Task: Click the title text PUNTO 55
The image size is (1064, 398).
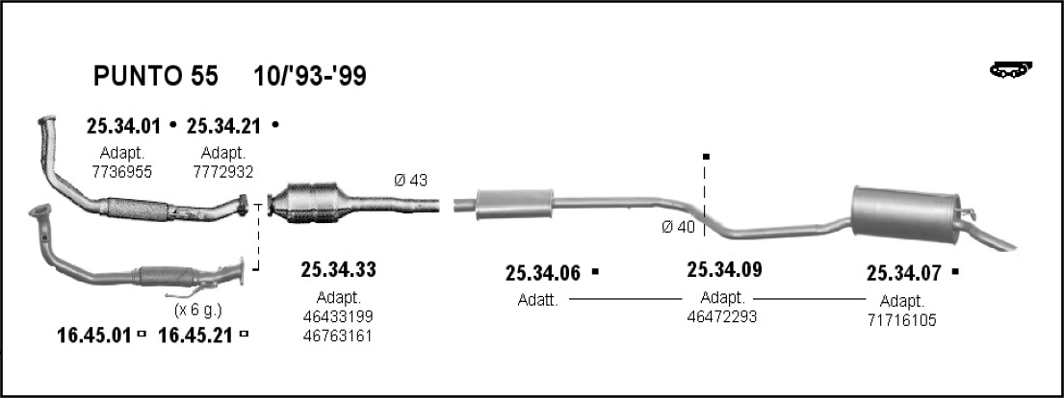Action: coord(155,76)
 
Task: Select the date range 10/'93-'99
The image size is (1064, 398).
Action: coord(310,76)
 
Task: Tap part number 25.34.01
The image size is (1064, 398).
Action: coord(123,125)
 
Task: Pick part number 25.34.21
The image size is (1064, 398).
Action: coord(224,125)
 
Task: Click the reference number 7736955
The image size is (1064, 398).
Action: coord(122,172)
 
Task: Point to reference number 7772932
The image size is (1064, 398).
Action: coord(223,172)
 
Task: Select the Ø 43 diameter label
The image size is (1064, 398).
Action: coord(411,181)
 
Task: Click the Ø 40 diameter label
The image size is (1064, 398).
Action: coord(679,227)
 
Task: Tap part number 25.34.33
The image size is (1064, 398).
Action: coord(339,270)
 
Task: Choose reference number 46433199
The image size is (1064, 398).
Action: coord(339,316)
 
